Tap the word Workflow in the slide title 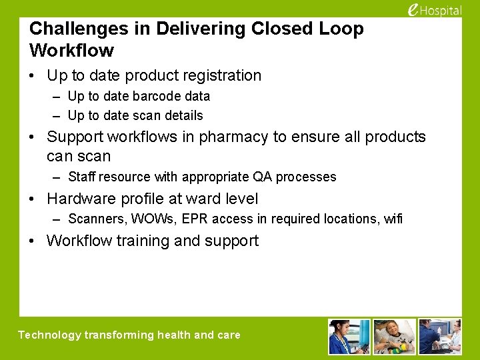72,51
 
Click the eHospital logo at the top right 434,10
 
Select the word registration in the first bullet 217,76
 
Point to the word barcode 146,96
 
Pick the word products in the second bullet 395,137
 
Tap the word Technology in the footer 49,335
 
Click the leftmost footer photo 349,336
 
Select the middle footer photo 394,336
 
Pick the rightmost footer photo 439,336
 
